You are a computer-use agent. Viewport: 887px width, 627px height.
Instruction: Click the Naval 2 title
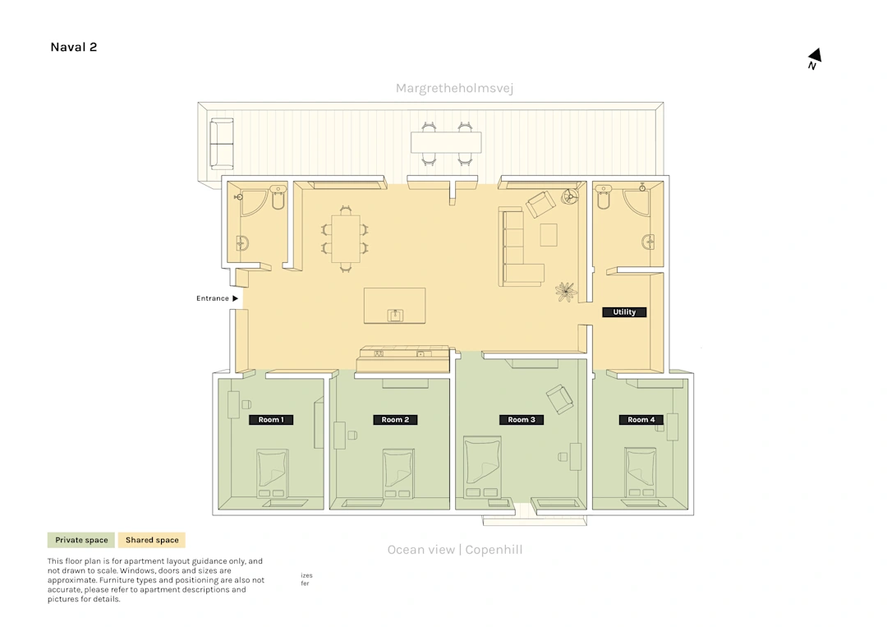point(74,47)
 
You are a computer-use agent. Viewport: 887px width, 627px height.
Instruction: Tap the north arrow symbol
point(815,58)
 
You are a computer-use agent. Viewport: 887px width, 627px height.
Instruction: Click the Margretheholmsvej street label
point(454,88)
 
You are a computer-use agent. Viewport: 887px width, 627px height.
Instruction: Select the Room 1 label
point(271,420)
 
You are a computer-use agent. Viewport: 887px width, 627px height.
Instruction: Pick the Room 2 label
point(395,420)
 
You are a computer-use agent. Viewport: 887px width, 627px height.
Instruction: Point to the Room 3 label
point(521,420)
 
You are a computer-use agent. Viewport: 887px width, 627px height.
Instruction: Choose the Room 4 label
point(641,420)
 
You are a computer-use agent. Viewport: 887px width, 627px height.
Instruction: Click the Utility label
point(624,311)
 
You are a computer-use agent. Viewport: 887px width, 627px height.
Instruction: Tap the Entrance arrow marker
point(236,298)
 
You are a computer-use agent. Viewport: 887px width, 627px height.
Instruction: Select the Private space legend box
point(80,540)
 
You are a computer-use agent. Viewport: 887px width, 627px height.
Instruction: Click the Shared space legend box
point(152,540)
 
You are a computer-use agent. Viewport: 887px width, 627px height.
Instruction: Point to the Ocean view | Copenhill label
point(455,550)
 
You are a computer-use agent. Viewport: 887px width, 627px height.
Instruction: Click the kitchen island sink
point(395,316)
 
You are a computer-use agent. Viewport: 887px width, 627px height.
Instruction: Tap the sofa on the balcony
point(221,144)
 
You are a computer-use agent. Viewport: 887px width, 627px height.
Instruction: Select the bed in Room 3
point(482,467)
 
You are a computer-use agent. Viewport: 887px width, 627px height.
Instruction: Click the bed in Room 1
point(272,473)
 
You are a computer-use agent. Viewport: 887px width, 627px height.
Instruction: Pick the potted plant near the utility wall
point(565,292)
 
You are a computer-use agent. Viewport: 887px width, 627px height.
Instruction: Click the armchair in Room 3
point(559,399)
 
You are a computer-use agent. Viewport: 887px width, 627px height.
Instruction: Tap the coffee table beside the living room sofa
point(548,235)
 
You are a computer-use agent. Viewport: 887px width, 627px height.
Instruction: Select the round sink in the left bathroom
point(241,243)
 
